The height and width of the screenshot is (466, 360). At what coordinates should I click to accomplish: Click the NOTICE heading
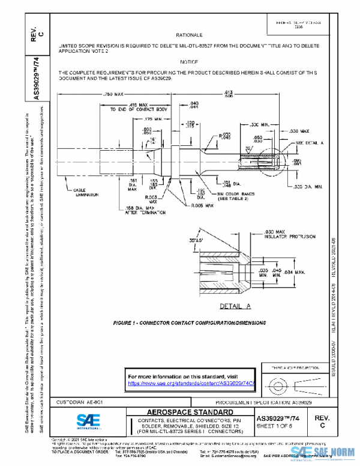click(190, 62)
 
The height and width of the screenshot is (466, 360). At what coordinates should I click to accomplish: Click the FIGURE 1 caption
click(190, 322)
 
